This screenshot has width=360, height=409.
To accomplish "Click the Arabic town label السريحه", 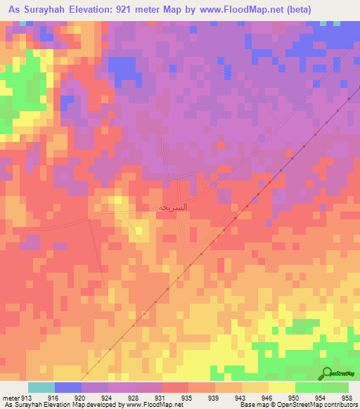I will click(153, 209).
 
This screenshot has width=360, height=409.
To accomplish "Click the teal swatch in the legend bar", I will click(41, 387).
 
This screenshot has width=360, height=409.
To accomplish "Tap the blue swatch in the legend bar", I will click(67, 387).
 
